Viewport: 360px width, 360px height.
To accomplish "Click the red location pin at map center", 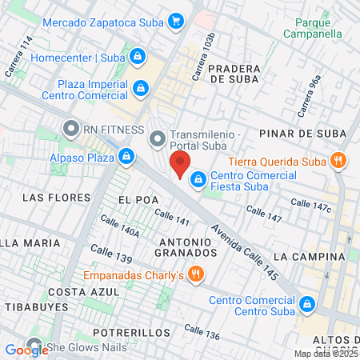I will click(x=180, y=165).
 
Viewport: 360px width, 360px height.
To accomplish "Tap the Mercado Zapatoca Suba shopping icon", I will click(x=178, y=22).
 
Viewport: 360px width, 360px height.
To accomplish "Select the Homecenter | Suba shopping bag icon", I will click(x=138, y=57).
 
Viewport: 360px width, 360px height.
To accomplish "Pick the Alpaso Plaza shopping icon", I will click(x=126, y=155).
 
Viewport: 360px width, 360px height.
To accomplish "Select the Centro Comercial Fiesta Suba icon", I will click(x=197, y=179).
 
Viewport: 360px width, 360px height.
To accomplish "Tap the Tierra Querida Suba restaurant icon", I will click(x=339, y=161).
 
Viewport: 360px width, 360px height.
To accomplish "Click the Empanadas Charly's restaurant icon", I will click(x=197, y=276).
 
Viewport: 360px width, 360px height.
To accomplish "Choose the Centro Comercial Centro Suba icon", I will click(x=307, y=304).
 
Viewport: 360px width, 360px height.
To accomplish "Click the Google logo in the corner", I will click(x=26, y=349).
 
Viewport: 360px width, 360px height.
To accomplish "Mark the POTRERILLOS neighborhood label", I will click(x=131, y=332).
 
